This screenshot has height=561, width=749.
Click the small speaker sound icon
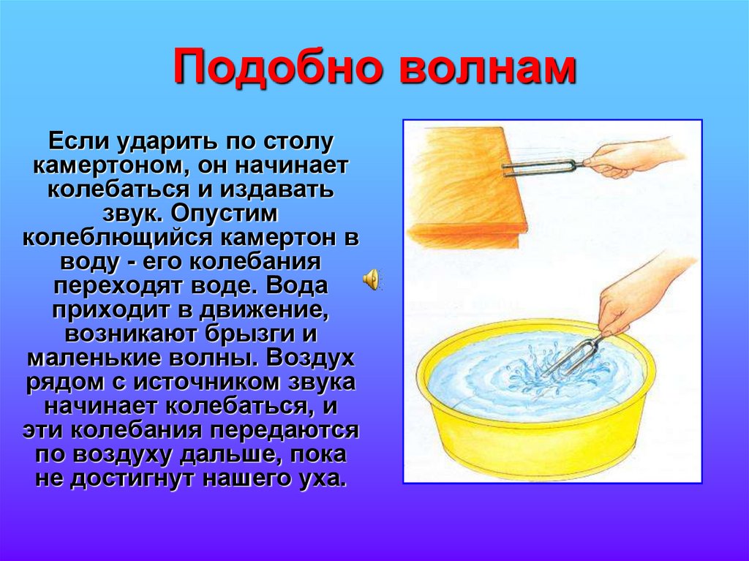pyautogui.click(x=372, y=279)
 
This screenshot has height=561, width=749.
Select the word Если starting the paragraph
pyautogui.click(x=75, y=140)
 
